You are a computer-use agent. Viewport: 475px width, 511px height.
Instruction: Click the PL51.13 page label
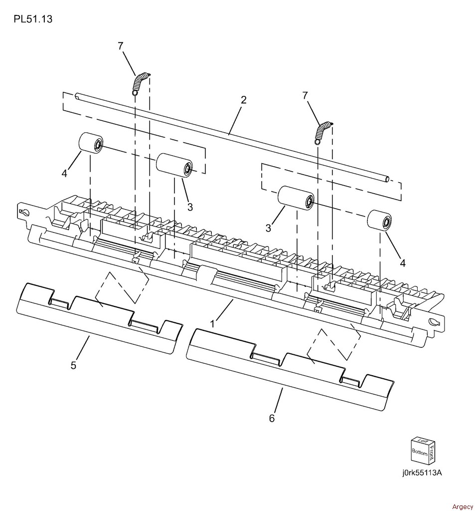[x=33, y=19]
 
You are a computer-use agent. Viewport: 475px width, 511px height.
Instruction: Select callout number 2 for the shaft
[x=244, y=100]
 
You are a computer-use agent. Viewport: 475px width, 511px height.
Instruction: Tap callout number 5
[x=73, y=365]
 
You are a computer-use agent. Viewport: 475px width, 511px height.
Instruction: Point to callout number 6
[x=272, y=418]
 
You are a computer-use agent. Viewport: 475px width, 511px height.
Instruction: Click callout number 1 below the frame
[x=212, y=324]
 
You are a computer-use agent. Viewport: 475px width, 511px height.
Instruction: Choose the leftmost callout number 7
[x=121, y=46]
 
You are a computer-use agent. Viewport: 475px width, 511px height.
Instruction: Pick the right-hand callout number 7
[x=305, y=95]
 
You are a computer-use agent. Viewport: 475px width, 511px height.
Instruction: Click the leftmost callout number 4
[x=64, y=173]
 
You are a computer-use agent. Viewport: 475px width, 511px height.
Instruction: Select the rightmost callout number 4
[x=403, y=263]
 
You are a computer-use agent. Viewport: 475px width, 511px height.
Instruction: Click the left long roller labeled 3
[x=174, y=166]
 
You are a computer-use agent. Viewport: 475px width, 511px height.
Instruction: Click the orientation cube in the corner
[x=423, y=450]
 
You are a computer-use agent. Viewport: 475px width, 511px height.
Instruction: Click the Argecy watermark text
[x=463, y=507]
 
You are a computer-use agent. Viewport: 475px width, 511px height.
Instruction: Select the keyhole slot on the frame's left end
[x=24, y=213]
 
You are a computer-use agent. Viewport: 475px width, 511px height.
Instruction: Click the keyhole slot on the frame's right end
[x=435, y=321]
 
